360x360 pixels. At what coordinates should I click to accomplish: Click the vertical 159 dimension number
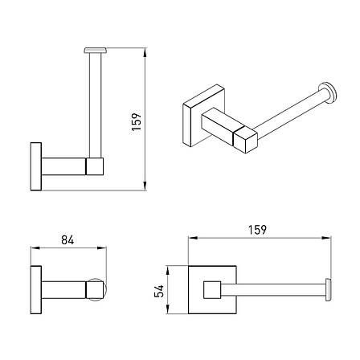click(x=137, y=121)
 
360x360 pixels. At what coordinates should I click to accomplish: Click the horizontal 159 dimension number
click(x=257, y=230)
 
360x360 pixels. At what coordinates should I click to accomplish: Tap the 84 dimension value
click(x=67, y=239)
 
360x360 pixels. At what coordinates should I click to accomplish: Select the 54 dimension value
click(x=159, y=291)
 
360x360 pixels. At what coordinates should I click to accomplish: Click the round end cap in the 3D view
click(x=329, y=92)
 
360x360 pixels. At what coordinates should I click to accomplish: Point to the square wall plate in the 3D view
click(x=203, y=115)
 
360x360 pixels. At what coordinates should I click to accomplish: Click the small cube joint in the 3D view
click(x=245, y=139)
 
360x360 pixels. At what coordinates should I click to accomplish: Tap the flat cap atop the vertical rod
click(x=95, y=51)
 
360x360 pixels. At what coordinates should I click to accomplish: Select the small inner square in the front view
click(x=212, y=290)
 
